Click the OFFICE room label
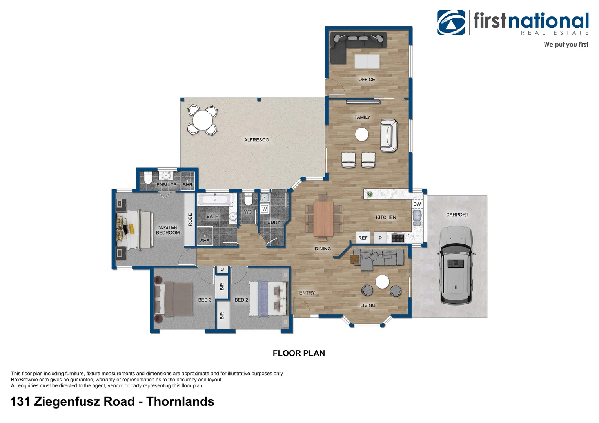point(367,80)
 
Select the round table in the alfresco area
point(201,119)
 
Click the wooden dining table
point(323,218)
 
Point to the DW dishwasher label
point(417,204)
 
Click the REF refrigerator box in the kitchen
point(363,238)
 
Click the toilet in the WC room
point(248,200)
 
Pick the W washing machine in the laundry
point(265,209)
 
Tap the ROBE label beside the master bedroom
point(190,219)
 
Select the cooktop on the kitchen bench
point(398,238)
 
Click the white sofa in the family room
point(388,136)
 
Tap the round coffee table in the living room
point(382,282)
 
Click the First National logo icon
point(451,23)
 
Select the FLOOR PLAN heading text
point(299,353)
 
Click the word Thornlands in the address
point(180,402)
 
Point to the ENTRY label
point(307,293)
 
